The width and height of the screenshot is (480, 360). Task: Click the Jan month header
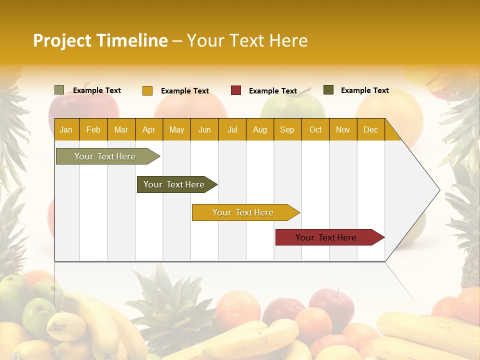(66, 129)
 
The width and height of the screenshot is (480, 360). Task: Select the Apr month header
(149, 129)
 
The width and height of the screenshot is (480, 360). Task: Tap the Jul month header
(232, 129)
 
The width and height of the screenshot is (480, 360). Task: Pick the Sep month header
(287, 129)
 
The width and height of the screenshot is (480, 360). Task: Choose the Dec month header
(370, 129)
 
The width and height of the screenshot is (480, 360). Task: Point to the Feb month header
(93, 129)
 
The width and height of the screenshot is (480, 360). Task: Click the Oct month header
(315, 129)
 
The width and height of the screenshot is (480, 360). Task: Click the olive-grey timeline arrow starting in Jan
(105, 156)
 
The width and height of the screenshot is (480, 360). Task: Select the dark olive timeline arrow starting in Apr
(174, 184)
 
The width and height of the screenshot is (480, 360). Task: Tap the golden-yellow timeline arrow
(243, 212)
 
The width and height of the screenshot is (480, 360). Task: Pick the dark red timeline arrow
(326, 237)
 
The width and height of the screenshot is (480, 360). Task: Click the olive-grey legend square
(59, 90)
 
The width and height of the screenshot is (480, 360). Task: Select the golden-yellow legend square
(147, 90)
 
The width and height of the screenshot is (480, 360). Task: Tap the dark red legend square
(236, 90)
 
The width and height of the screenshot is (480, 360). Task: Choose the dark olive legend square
(328, 90)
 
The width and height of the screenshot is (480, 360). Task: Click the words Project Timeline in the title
(100, 40)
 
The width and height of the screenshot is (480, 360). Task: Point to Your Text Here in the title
(247, 40)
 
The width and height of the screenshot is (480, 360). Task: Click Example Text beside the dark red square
(273, 91)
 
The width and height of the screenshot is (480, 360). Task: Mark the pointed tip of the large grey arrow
(438, 190)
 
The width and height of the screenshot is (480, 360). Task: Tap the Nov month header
(343, 129)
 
